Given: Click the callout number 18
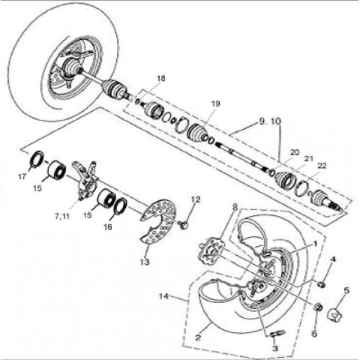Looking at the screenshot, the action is pyautogui.click(x=161, y=79).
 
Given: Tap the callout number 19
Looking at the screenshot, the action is pyautogui.click(x=215, y=103).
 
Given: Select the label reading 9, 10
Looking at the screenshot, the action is pyautogui.click(x=270, y=121).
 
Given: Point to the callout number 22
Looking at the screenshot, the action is pyautogui.click(x=322, y=166).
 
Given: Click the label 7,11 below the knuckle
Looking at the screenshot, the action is pyautogui.click(x=62, y=216).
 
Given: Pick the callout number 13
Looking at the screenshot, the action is pyautogui.click(x=145, y=262).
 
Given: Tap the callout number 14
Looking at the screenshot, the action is pyautogui.click(x=163, y=296).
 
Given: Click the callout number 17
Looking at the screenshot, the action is pyautogui.click(x=22, y=176).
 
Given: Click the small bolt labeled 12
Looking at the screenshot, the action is pyautogui.click(x=183, y=224).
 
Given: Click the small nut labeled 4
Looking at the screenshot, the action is pyautogui.click(x=321, y=284).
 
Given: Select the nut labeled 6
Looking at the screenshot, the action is pyautogui.click(x=318, y=307).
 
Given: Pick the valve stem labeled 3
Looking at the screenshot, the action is pyautogui.click(x=278, y=334).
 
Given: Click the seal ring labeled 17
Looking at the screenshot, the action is pyautogui.click(x=37, y=158).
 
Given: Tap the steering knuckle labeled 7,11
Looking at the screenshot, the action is pyautogui.click(x=85, y=181).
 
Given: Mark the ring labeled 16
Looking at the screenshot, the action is pyautogui.click(x=121, y=205).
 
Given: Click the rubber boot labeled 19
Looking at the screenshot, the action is pyautogui.click(x=197, y=133).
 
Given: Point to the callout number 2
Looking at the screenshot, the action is pyautogui.click(x=198, y=337).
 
